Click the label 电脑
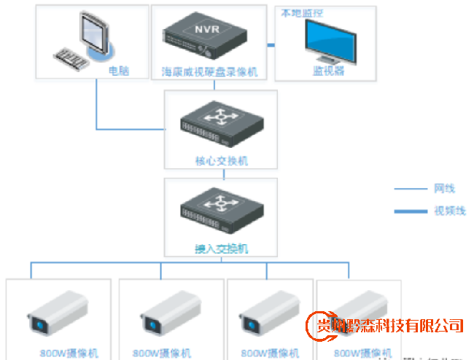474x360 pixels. [118, 71]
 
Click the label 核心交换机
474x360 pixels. [222, 160]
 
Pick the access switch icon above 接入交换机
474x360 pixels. [220, 211]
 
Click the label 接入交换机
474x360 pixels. [222, 249]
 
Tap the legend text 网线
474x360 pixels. [444, 189]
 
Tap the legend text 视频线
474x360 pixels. [449, 211]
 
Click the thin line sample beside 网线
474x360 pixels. [411, 189]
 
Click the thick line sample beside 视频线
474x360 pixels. [411, 211]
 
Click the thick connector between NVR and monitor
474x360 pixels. [270, 45]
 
